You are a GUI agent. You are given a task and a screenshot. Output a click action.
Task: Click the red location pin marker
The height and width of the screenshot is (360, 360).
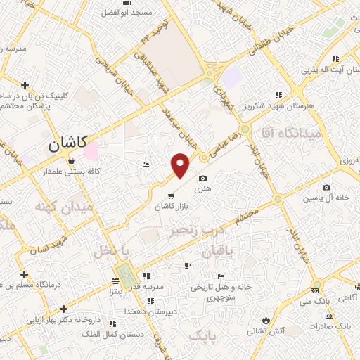(181, 165)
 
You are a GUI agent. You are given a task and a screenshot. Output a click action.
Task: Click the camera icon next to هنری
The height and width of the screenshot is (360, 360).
(203, 179)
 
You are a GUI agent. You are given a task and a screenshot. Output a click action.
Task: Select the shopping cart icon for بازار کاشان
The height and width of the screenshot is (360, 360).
(171, 195)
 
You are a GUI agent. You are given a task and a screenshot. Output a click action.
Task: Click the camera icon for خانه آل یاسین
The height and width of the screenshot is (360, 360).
(326, 187)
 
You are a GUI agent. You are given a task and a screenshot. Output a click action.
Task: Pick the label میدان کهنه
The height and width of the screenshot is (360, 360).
(63, 207)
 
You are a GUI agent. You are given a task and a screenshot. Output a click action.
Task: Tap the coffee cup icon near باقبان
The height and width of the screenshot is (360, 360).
(186, 265)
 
